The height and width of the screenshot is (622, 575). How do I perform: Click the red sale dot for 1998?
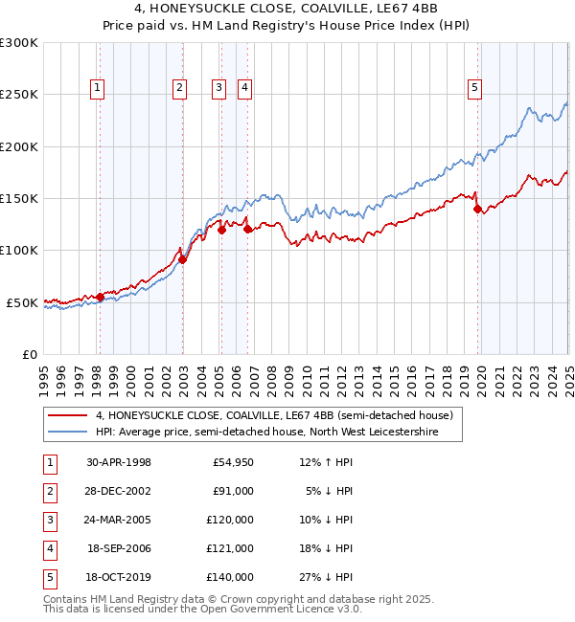(x=100, y=297)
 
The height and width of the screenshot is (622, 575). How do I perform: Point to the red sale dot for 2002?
(x=182, y=259)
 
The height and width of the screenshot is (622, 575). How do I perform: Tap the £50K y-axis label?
(x=23, y=302)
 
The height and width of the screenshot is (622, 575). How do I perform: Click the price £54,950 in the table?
(x=233, y=462)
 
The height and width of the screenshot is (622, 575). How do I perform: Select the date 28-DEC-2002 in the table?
(x=119, y=491)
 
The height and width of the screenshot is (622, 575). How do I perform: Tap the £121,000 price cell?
(x=230, y=548)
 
